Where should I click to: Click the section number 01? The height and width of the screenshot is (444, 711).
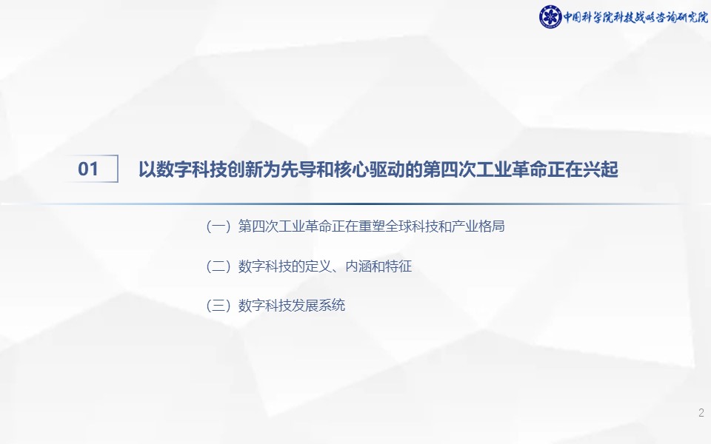pos(88,169)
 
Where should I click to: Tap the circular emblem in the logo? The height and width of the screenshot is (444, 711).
pos(550,17)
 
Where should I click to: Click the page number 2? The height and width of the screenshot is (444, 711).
pos(701,413)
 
